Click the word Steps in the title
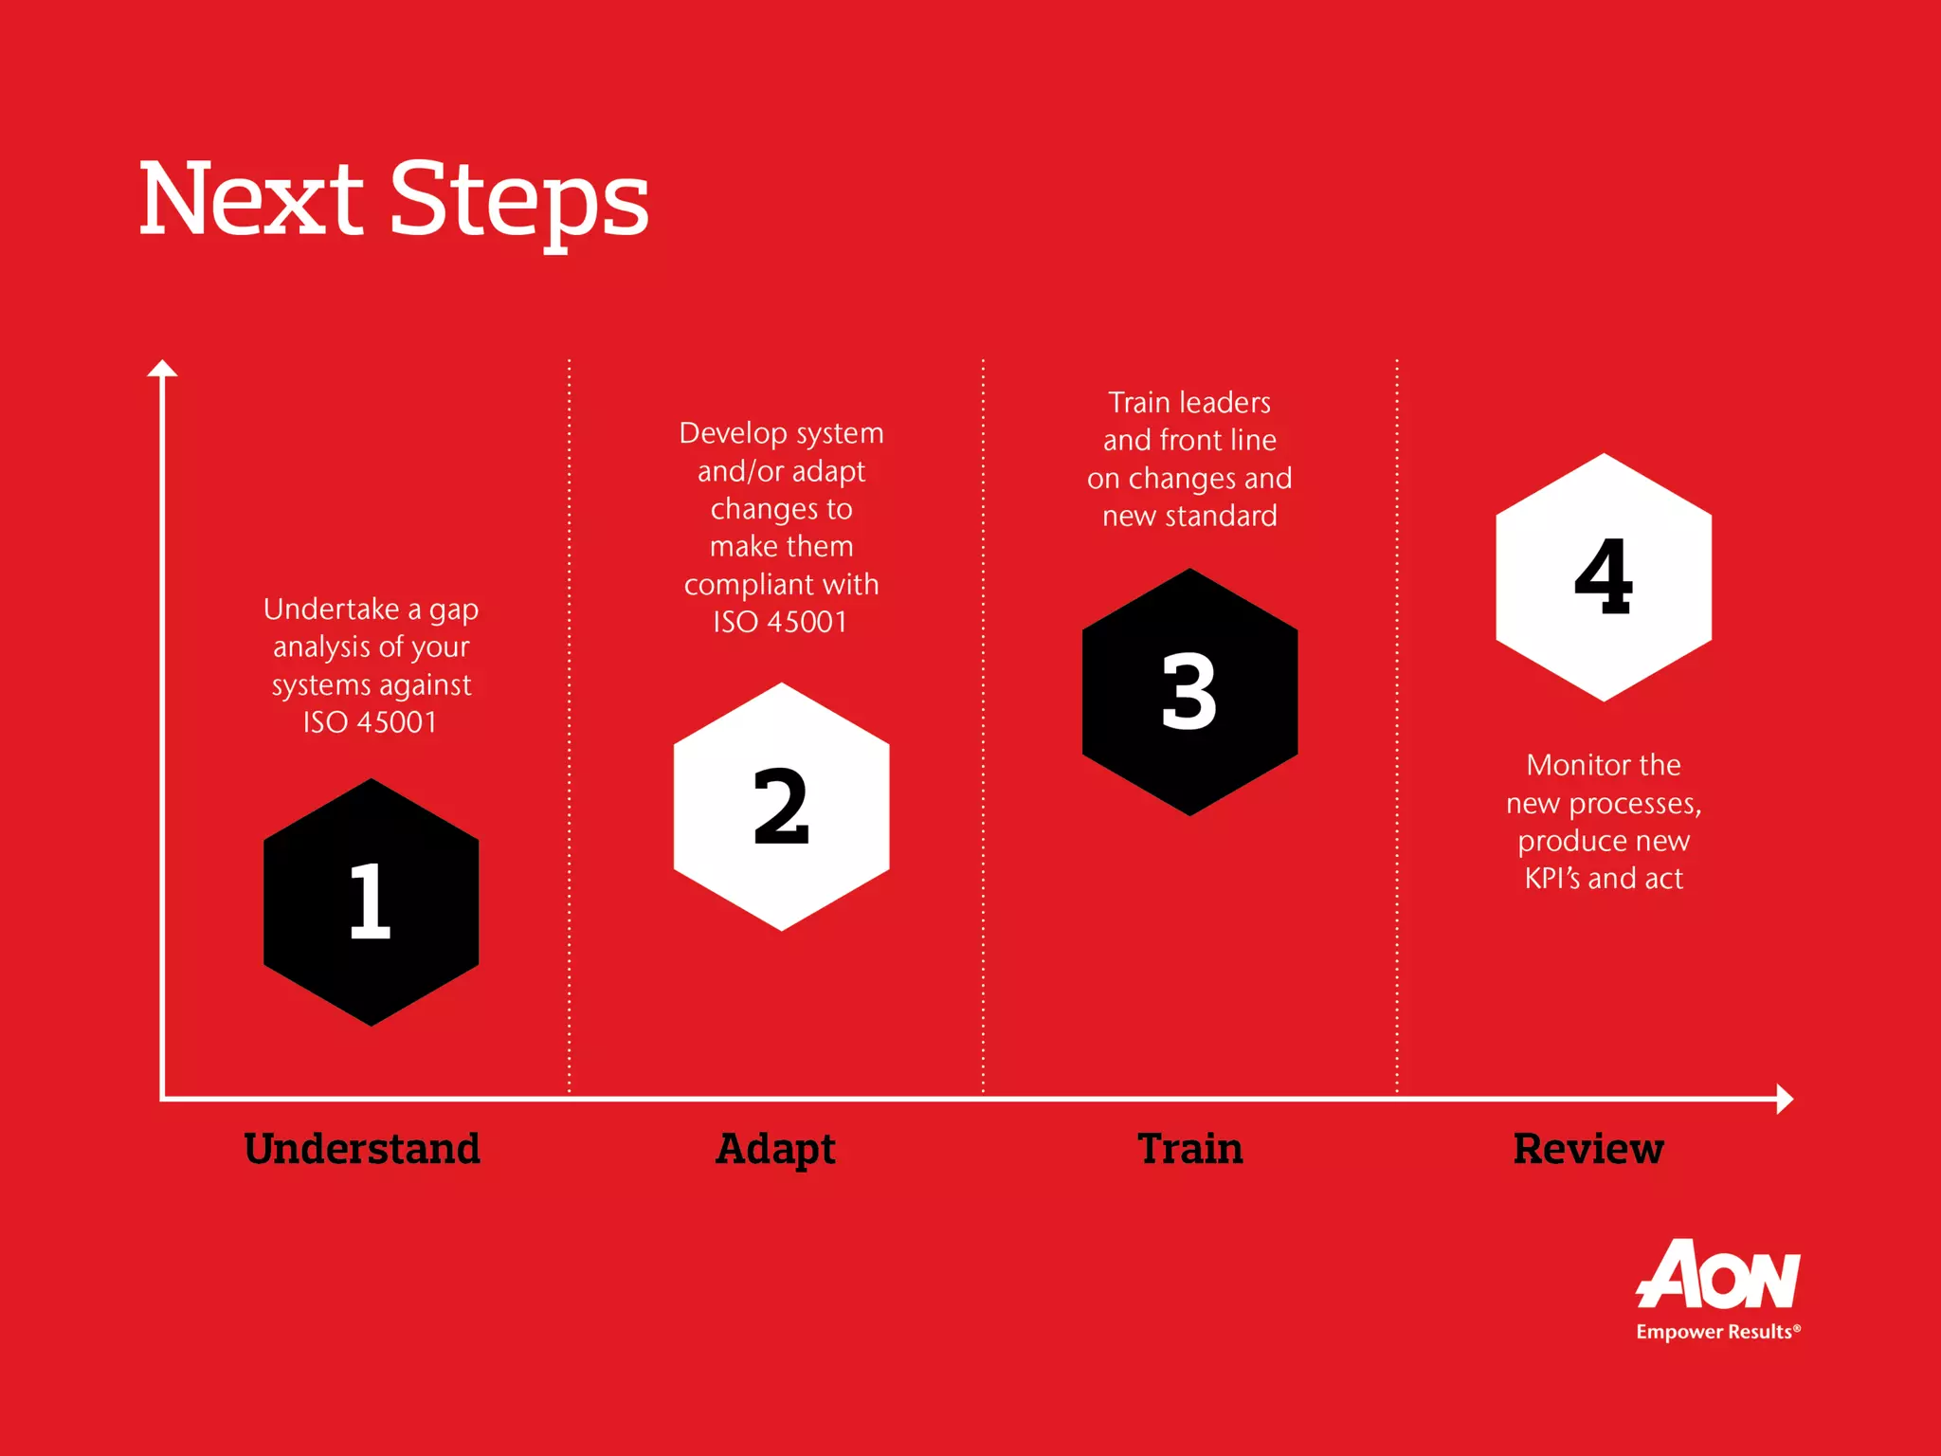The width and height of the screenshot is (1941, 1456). pyautogui.click(x=519, y=201)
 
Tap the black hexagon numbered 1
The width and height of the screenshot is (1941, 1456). pyautogui.click(x=371, y=901)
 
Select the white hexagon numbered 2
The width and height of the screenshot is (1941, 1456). pyautogui.click(x=781, y=807)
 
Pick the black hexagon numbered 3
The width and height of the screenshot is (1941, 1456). pyautogui.click(x=1189, y=692)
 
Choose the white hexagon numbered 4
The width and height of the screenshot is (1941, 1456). pyautogui.click(x=1604, y=577)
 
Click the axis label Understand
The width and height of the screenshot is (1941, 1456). pyautogui.click(x=362, y=1148)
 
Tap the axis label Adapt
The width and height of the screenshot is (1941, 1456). pyautogui.click(x=775, y=1149)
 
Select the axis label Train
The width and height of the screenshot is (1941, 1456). pyautogui.click(x=1190, y=1148)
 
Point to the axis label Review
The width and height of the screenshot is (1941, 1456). pyautogui.click(x=1588, y=1148)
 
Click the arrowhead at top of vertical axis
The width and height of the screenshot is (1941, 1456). pyautogui.click(x=162, y=369)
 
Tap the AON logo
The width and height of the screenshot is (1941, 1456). pyautogui.click(x=1718, y=1275)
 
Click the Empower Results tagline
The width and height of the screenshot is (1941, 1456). pyautogui.click(x=1717, y=1332)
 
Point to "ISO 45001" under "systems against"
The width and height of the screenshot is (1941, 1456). pyautogui.click(x=370, y=722)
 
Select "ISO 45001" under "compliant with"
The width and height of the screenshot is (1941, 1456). pyautogui.click(x=780, y=622)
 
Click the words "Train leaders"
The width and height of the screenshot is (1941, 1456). pyautogui.click(x=1189, y=403)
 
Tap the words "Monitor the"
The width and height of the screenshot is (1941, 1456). pyautogui.click(x=1604, y=765)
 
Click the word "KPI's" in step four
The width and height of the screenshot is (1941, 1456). pyautogui.click(x=1551, y=878)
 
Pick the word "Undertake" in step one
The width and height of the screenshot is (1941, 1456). pyautogui.click(x=331, y=609)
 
